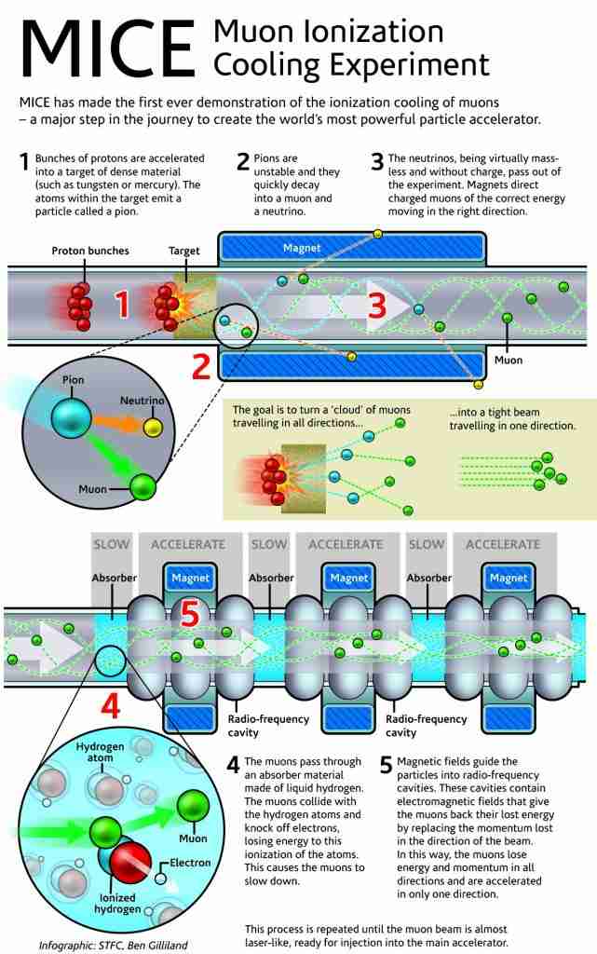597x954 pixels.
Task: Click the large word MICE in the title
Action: [x=108, y=49]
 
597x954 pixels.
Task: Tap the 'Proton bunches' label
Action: [x=90, y=251]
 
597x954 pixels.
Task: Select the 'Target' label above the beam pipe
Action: [x=184, y=251]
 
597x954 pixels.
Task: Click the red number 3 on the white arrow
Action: [x=377, y=305]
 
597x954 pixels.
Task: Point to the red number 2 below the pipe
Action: [x=201, y=366]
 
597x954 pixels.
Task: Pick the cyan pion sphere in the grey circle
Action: [x=71, y=418]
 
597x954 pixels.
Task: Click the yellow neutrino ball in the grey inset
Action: [x=153, y=427]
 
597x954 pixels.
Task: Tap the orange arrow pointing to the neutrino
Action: [x=118, y=423]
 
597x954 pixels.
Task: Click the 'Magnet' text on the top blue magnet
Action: [x=302, y=248]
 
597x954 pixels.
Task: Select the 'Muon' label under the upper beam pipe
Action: [x=509, y=361]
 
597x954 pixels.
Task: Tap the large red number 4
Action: [x=110, y=706]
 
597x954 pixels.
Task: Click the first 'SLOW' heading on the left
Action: [x=111, y=544]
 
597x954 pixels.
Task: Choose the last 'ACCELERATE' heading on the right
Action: [x=503, y=544]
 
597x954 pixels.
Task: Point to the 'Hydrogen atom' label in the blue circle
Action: [x=100, y=752]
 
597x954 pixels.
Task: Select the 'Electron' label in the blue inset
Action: [x=190, y=863]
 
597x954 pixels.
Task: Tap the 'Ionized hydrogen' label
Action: [x=117, y=903]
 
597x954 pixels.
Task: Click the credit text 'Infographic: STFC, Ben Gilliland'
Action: [x=113, y=946]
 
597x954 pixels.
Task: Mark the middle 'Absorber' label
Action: [x=271, y=578]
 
